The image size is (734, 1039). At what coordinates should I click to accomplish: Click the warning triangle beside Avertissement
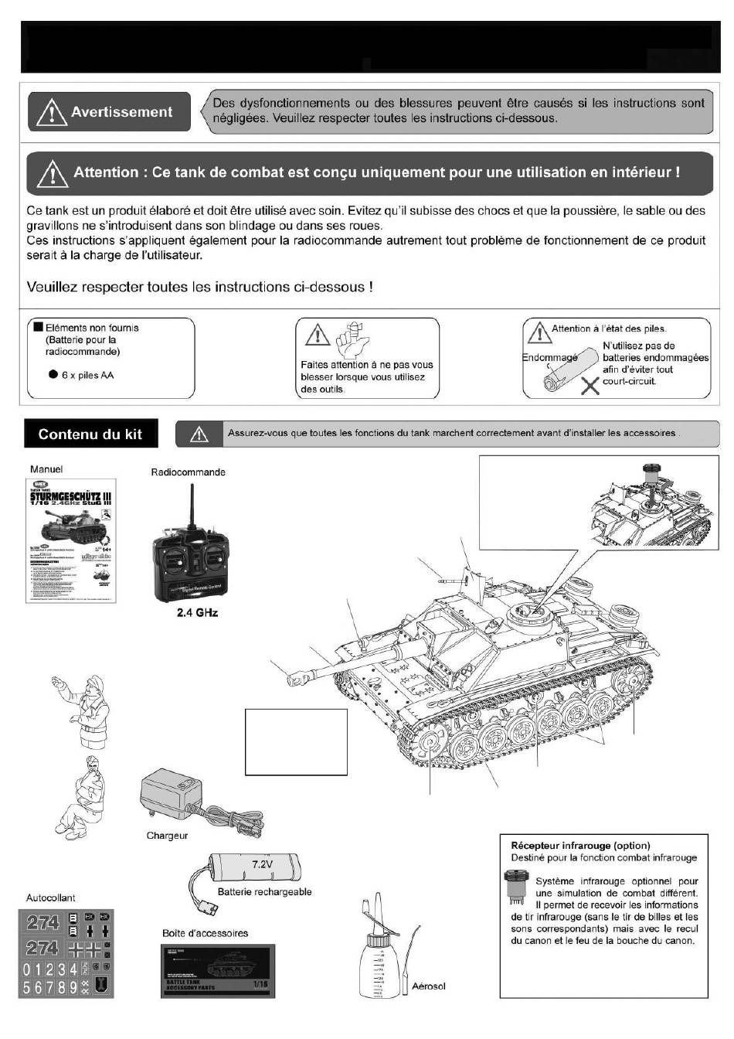(x=51, y=113)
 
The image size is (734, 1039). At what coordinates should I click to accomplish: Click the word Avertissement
(x=121, y=112)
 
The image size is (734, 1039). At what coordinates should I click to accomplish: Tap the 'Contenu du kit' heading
(x=90, y=434)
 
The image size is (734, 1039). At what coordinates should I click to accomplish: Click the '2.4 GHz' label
(x=197, y=613)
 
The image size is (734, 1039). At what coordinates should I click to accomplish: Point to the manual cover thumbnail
(x=71, y=541)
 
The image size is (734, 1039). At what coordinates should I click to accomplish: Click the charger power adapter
(x=171, y=795)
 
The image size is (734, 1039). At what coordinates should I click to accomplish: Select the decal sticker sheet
(x=66, y=953)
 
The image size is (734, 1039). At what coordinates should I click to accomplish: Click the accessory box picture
(x=218, y=971)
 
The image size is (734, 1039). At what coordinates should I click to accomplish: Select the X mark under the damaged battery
(x=590, y=385)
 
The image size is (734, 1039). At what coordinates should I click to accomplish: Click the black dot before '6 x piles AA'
(x=53, y=375)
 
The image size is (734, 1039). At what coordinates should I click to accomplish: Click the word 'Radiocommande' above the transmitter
(x=189, y=472)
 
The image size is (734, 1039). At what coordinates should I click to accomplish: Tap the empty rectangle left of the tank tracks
(x=296, y=741)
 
